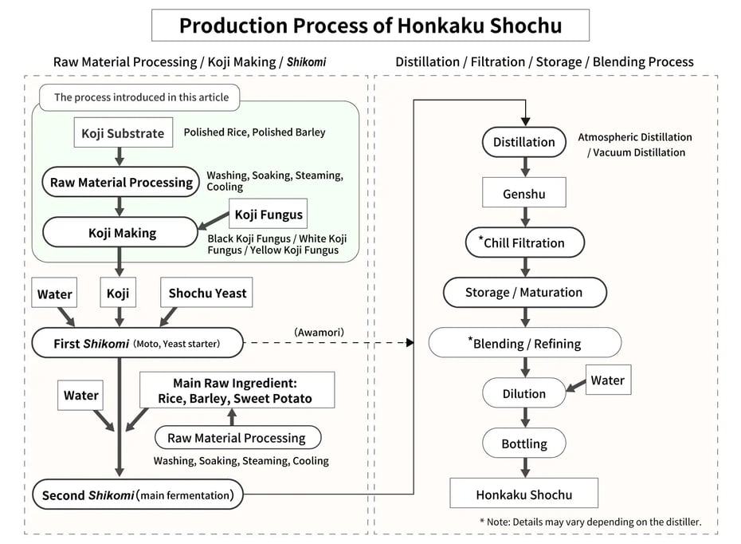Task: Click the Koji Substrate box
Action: click(x=123, y=133)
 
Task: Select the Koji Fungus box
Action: click(x=269, y=214)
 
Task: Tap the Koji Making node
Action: click(x=120, y=233)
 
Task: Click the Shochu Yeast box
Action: click(x=207, y=294)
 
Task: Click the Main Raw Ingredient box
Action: click(x=237, y=391)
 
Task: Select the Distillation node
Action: click(x=523, y=142)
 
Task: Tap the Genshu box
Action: click(x=523, y=194)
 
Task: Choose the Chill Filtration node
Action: click(x=523, y=242)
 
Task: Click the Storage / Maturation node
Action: click(x=523, y=292)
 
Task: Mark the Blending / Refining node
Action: click(x=523, y=344)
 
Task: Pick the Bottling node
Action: click(x=523, y=443)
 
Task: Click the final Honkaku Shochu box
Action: click(x=523, y=494)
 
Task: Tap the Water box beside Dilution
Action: click(x=607, y=380)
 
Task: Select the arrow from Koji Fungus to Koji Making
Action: click(x=214, y=224)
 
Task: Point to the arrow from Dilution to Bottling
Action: click(x=524, y=418)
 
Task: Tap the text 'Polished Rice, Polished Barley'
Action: click(x=254, y=132)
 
